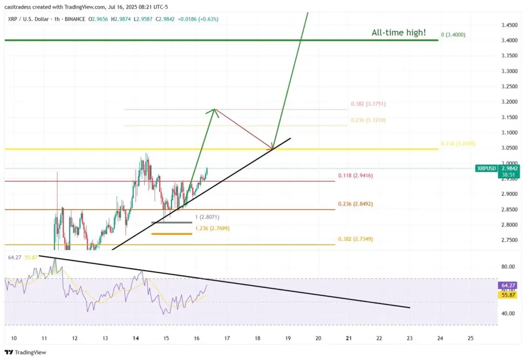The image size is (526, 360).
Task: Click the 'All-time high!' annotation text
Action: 399,33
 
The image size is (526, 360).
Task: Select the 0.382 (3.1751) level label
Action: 368,104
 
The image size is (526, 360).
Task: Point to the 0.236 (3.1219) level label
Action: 368,120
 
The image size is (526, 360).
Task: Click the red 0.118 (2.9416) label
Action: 354,176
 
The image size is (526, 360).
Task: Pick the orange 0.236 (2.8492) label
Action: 354,204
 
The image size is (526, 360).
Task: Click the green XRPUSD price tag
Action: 486,168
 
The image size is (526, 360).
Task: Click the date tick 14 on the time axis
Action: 136,338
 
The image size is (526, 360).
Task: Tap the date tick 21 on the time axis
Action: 349,338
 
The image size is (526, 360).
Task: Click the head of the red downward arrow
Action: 272,147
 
